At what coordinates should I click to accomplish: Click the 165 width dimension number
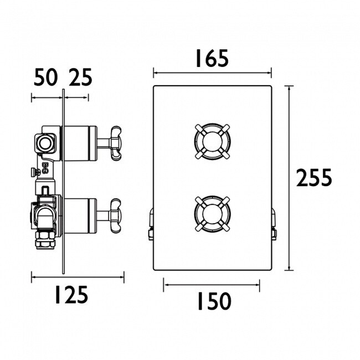coord(212,59)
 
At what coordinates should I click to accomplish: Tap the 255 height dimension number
coord(314,177)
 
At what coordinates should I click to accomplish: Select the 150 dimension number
coord(214,301)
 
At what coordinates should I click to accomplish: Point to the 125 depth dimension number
coord(71,295)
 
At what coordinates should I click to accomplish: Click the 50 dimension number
coord(45,77)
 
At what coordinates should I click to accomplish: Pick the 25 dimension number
coord(80,77)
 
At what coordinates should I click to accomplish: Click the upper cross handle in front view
coord(212,141)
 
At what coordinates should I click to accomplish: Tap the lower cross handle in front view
coord(212,214)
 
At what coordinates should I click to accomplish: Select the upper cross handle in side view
coord(116,143)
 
